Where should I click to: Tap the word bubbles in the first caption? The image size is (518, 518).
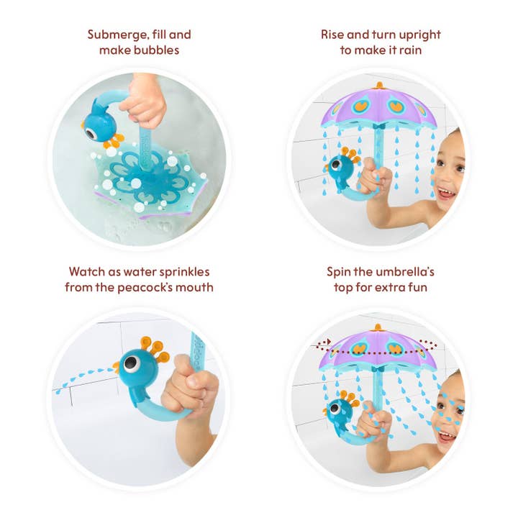coord(159,50)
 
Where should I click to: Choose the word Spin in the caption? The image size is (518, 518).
coord(339,273)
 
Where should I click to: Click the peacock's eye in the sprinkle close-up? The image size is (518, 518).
coord(130,363)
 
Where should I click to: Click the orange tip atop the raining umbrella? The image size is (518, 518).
coord(378,86)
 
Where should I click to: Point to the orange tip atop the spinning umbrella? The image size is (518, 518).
coord(378,328)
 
